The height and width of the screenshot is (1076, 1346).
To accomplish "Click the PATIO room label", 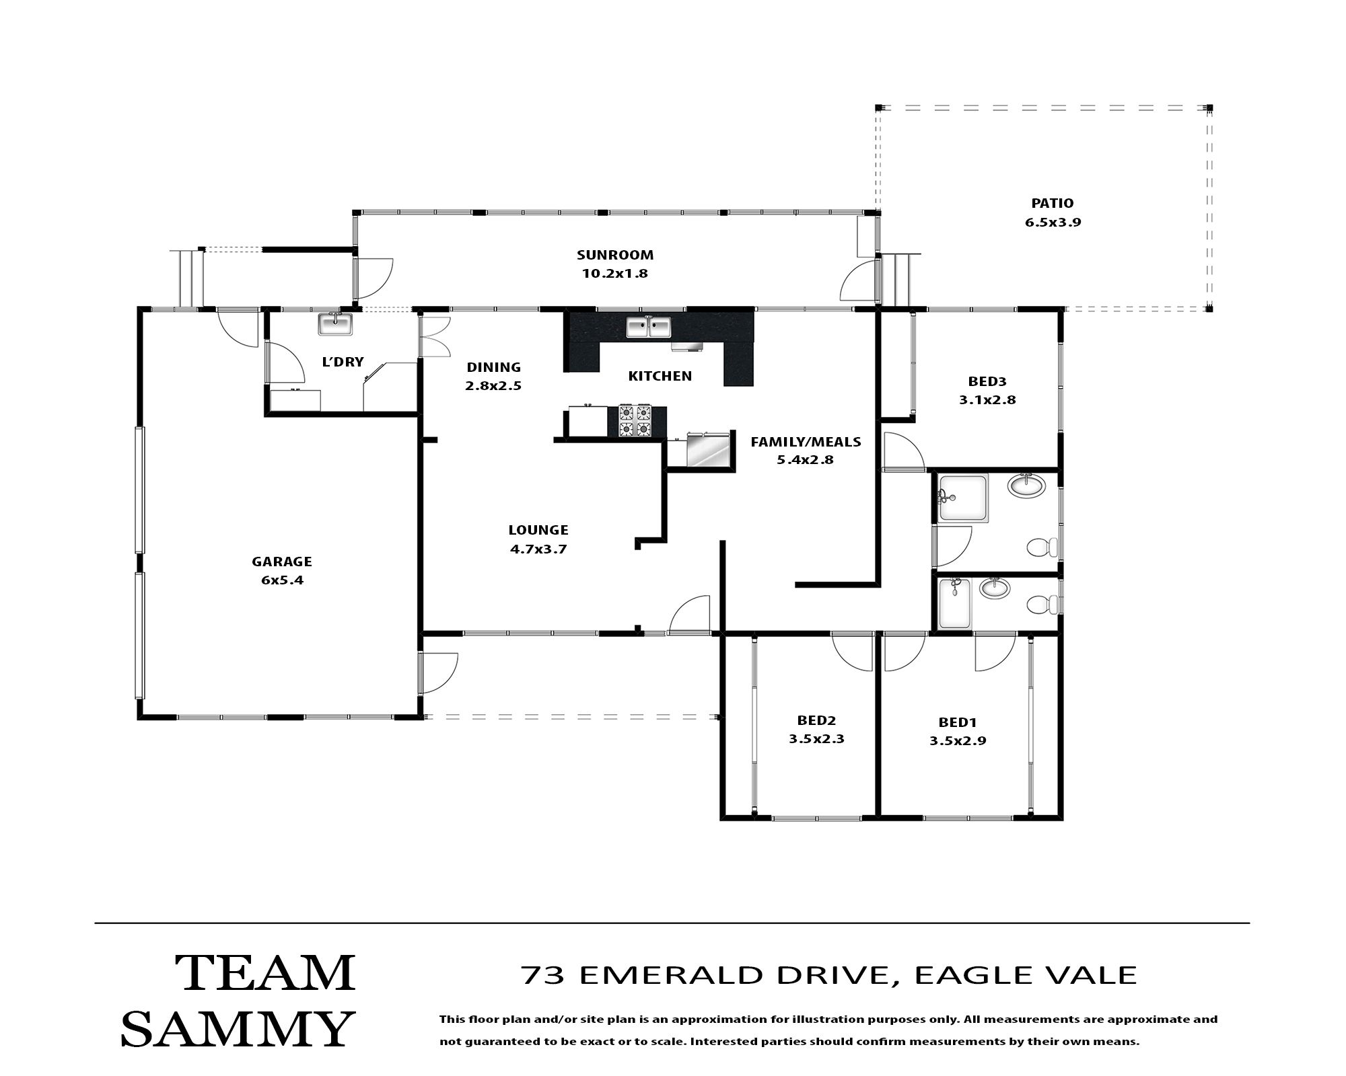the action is coord(1053,203).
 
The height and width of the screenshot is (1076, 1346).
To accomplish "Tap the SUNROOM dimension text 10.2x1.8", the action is coord(614,274).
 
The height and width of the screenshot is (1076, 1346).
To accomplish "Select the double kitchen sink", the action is coord(649,327).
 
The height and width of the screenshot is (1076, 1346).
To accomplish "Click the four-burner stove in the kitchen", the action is coord(635,420).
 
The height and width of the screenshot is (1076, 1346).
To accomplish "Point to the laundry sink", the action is coord(336,324).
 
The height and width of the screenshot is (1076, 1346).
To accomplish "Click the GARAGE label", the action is coord(282,562).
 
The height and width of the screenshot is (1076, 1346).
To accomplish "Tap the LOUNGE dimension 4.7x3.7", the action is coord(538,549).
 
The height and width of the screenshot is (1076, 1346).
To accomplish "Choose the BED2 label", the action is coord(816,720).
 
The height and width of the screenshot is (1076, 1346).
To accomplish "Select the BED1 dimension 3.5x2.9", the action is coord(958,741).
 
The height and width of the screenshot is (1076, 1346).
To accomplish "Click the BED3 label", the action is coord(987,381).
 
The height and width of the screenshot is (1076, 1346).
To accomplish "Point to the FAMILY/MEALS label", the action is coord(806,442).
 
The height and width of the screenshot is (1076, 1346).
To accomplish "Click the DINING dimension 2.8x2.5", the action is coord(494,386).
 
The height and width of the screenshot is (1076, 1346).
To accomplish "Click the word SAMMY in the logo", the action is coord(238,1028).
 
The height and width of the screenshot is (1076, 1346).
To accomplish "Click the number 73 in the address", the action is coord(542,975).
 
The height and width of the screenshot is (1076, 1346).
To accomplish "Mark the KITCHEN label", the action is coord(660,376).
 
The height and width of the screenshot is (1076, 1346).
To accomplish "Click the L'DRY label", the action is coord(343,362).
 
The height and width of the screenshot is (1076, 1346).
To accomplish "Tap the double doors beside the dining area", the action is coord(434,336).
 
